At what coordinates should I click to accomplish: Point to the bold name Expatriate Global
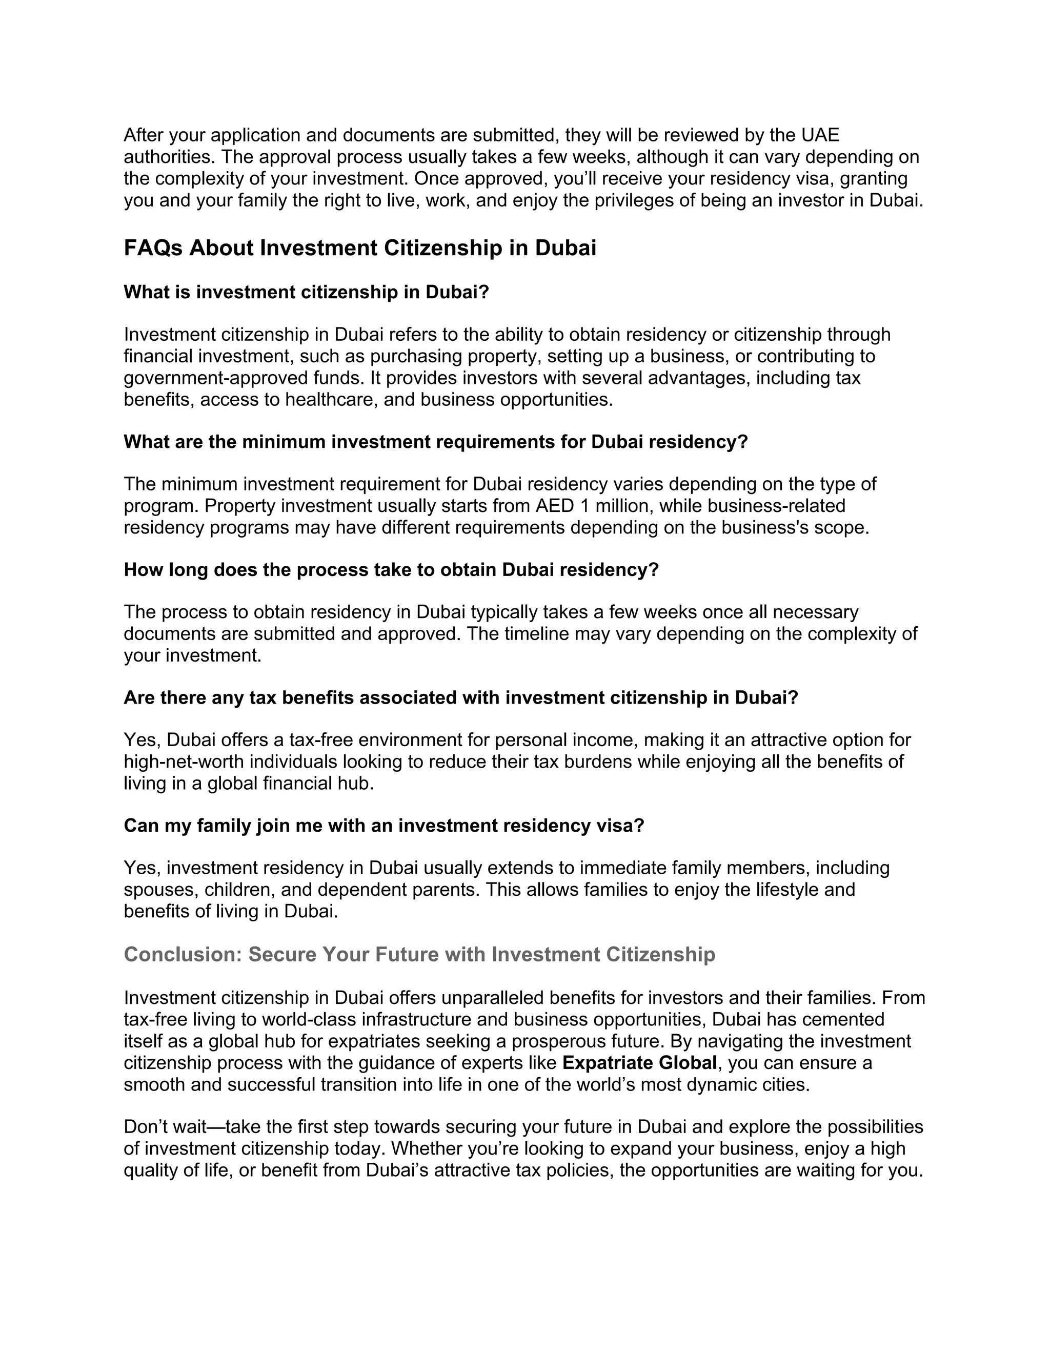[639, 1063]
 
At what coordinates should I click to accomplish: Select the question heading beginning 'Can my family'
[384, 825]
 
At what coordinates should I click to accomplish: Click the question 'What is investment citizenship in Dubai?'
[307, 292]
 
